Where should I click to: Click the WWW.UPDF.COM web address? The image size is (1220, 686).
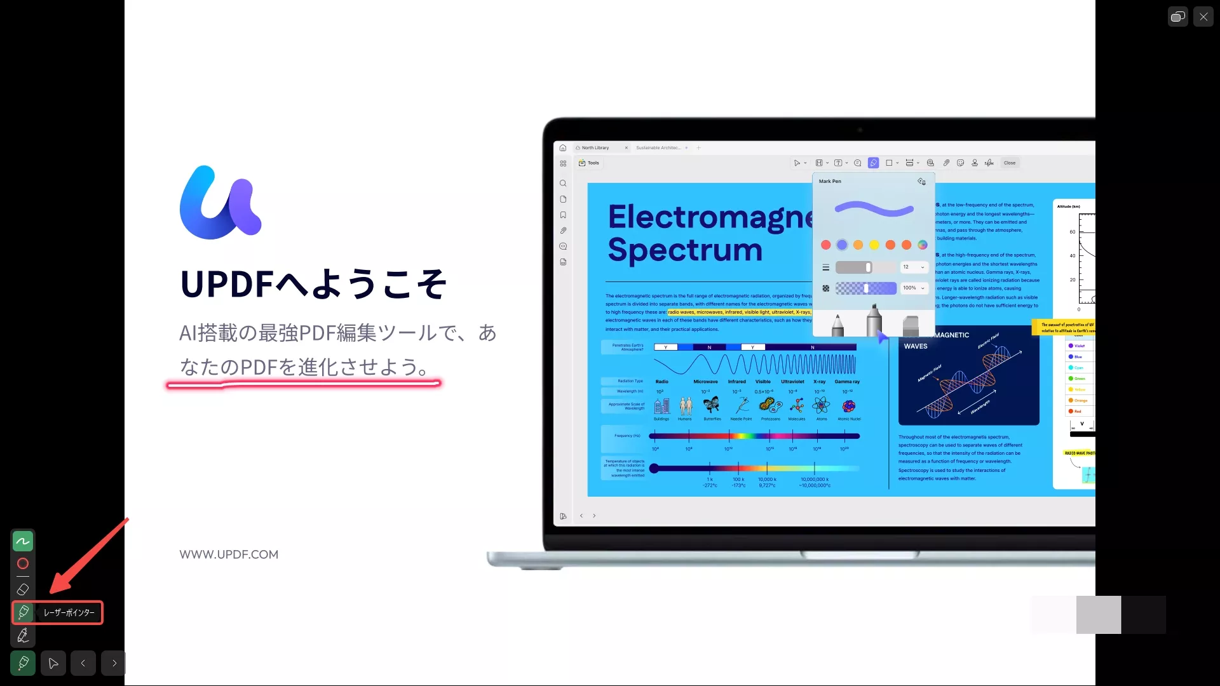[x=229, y=555]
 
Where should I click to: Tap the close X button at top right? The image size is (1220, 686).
[x=1203, y=17]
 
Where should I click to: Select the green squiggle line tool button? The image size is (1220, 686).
[x=23, y=541]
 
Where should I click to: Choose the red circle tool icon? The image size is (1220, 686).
[x=23, y=563]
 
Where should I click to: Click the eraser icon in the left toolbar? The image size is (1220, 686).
[x=23, y=589]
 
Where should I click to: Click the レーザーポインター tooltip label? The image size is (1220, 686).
[x=69, y=613]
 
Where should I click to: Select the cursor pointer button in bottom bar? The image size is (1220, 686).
[x=53, y=663]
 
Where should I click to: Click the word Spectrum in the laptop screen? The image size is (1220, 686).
[x=685, y=250]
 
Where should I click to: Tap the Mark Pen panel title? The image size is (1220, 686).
[x=830, y=182]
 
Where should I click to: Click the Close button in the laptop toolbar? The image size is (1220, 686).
[x=1010, y=163]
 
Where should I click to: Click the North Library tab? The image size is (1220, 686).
[x=595, y=148]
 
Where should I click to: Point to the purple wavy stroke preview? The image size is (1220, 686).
[x=874, y=209]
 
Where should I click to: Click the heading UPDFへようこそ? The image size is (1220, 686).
[x=314, y=284]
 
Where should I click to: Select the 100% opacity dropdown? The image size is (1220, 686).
[x=914, y=288]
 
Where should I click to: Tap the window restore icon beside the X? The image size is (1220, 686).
[x=1177, y=17]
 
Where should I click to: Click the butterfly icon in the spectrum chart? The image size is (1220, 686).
[x=712, y=405]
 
